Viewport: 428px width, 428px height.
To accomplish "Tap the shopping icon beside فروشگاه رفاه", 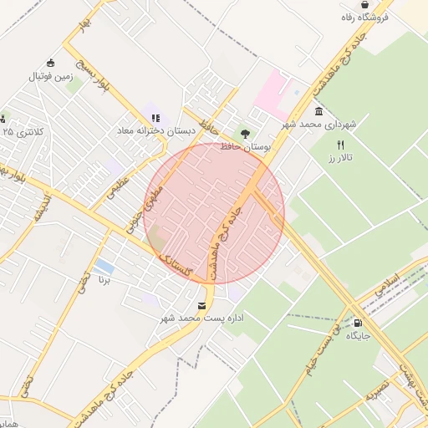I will point(364,5).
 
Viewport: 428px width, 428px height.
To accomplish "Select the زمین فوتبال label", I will point(53,76).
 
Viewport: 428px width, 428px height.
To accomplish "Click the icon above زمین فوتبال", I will point(51,63).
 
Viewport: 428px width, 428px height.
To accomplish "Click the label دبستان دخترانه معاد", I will point(155,131).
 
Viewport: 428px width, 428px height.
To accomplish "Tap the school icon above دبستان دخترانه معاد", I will point(155,118).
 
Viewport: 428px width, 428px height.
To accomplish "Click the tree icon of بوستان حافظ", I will point(244,131).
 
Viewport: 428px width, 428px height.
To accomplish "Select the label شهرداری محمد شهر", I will point(318,125).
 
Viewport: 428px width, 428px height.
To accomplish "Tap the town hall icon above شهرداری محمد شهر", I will point(318,111).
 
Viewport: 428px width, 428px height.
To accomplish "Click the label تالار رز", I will point(340,158).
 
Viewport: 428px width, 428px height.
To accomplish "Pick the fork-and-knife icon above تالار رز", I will point(340,145).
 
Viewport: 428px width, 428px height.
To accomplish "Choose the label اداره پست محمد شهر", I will point(201,318).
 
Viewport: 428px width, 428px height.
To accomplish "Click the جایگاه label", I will point(358,336).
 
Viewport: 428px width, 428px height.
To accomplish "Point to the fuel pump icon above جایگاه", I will point(358,323).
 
